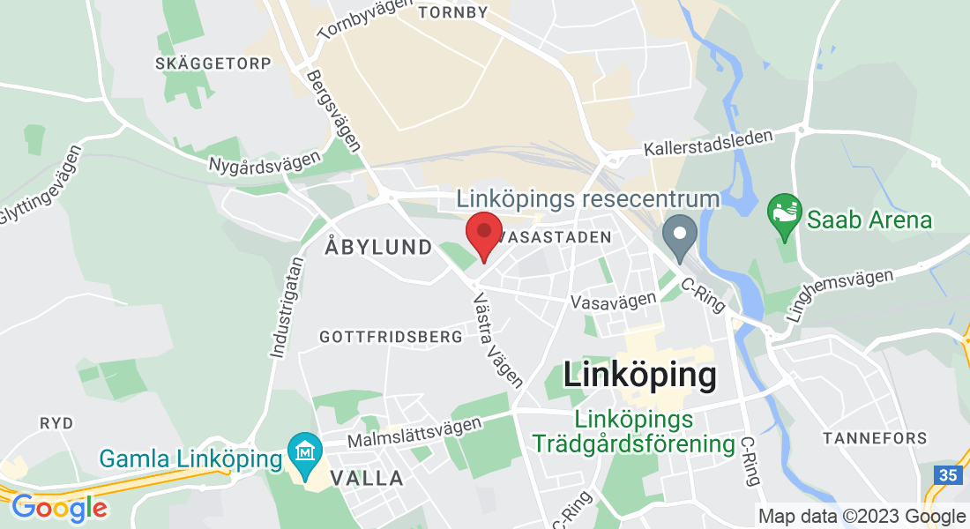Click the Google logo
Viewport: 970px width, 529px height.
click(x=58, y=508)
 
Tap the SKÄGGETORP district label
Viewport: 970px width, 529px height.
click(x=213, y=63)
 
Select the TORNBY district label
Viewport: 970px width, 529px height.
click(x=453, y=12)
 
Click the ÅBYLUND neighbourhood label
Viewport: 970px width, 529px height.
click(x=378, y=248)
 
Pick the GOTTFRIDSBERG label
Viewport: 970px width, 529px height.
click(x=391, y=337)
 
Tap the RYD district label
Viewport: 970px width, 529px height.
click(x=56, y=423)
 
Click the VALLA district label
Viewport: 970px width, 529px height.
click(x=367, y=479)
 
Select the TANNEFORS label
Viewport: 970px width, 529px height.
click(x=874, y=438)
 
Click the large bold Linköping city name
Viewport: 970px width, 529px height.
click(x=638, y=376)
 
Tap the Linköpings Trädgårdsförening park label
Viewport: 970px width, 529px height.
click(x=633, y=432)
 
